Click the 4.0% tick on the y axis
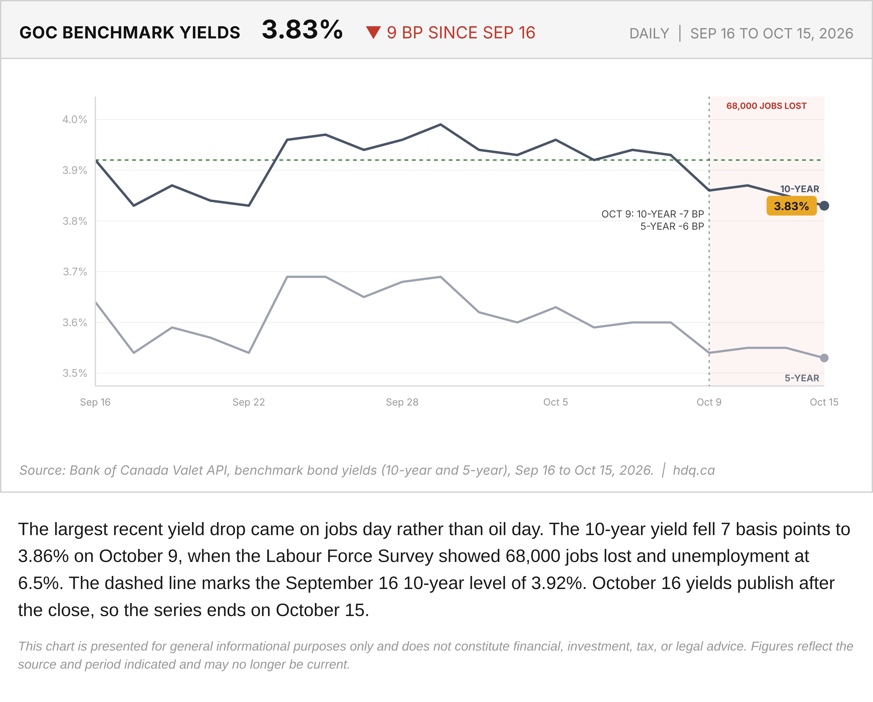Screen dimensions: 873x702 click(x=74, y=119)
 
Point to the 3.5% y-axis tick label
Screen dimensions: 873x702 click(x=74, y=373)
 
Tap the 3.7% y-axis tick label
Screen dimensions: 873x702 click(x=74, y=272)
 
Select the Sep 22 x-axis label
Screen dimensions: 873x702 click(x=249, y=402)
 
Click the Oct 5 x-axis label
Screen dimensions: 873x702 click(x=555, y=402)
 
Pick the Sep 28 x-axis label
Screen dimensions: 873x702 click(x=402, y=402)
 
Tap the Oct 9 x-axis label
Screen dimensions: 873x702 click(x=709, y=402)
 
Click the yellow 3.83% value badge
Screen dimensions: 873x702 click(x=791, y=206)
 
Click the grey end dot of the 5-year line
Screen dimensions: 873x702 click(x=824, y=358)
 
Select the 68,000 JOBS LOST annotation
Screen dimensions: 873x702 click(x=766, y=106)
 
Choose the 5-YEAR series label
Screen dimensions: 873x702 click(x=802, y=378)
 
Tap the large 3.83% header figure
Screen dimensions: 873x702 click(x=302, y=29)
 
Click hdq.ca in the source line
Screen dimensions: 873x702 click(x=694, y=470)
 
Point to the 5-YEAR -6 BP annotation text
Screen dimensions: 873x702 click(x=672, y=226)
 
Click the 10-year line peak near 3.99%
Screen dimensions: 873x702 click(x=441, y=125)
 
